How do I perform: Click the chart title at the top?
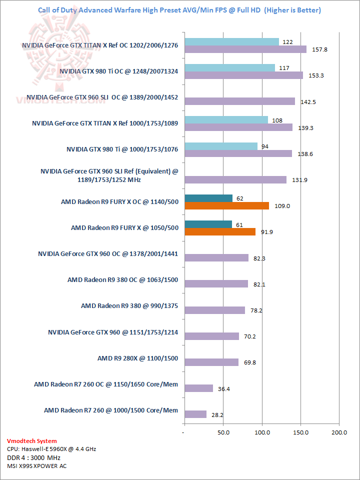coord(179,10)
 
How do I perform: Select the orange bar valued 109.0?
coord(226,205)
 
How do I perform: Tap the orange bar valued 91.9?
coord(220,231)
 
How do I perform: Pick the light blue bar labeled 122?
coord(231,41)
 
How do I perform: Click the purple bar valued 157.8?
coord(245,49)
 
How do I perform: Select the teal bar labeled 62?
coord(208,198)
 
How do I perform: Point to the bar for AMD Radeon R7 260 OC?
coord(198,388)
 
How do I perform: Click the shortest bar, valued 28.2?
coord(195,414)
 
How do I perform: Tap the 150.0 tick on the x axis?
coord(301,431)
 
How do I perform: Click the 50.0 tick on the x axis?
coord(223,431)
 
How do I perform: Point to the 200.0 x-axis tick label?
coord(339,431)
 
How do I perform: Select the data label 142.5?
coord(308,101)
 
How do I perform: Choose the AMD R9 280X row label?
coord(137,358)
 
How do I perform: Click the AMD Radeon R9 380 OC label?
coord(122,280)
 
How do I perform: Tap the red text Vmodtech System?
coord(32,441)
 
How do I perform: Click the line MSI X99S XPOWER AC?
coord(36,466)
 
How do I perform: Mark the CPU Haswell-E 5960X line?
coord(51,449)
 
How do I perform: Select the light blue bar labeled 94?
coord(221,146)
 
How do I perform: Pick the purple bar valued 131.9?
coord(235,179)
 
